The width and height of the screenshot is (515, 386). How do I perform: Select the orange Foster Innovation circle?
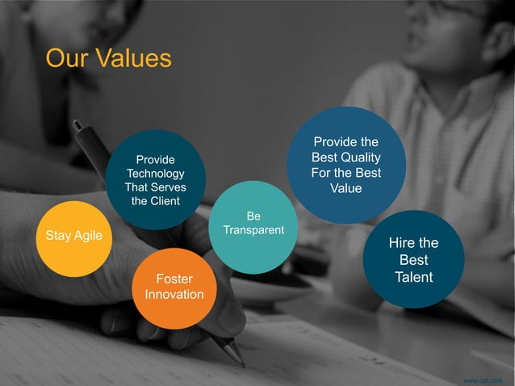pyautogui.click(x=174, y=288)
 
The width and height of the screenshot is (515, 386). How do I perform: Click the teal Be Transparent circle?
pyautogui.click(x=253, y=226)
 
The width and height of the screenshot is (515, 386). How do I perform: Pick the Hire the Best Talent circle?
pyautogui.click(x=413, y=259)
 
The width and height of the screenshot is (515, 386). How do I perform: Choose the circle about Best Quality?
pyautogui.click(x=345, y=165)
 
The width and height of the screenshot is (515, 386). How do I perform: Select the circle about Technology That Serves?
pyautogui.click(x=155, y=179)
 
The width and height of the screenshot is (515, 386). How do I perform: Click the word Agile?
pyautogui.click(x=88, y=236)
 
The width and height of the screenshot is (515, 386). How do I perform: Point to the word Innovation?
pyautogui.click(x=174, y=295)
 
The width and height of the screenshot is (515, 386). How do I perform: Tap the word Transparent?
pyautogui.click(x=253, y=230)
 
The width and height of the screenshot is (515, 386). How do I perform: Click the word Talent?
pyautogui.click(x=413, y=278)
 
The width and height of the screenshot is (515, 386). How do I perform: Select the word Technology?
pyautogui.click(x=155, y=174)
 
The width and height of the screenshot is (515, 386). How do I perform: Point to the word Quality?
pyautogui.click(x=360, y=157)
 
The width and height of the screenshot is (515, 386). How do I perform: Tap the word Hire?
pyautogui.click(x=402, y=242)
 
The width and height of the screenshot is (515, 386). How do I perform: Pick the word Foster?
pyautogui.click(x=174, y=279)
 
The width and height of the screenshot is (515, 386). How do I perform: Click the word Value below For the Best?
pyautogui.click(x=345, y=188)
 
